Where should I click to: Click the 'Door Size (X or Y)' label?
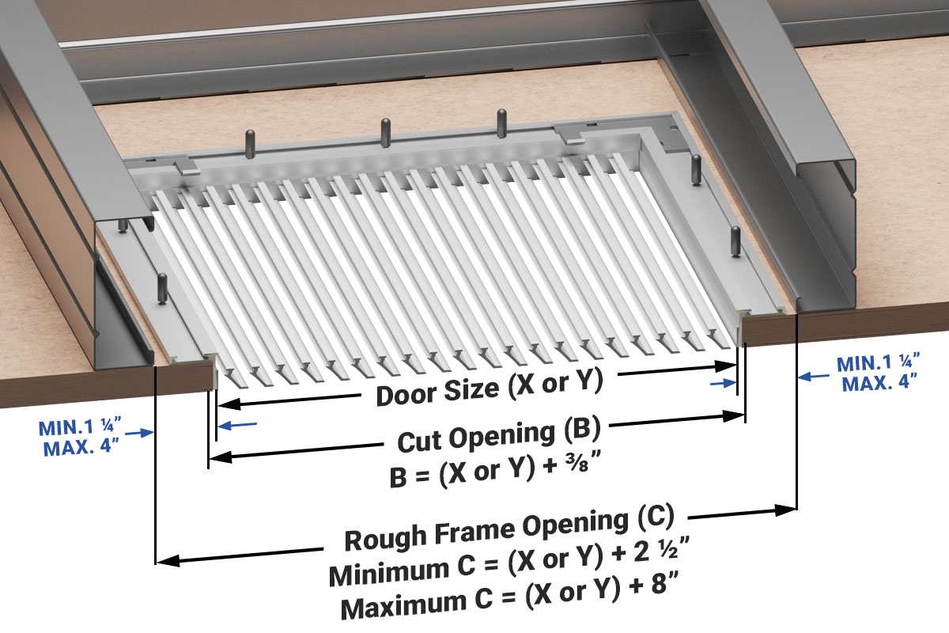tap(490, 389)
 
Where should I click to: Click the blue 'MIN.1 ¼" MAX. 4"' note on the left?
tap(78, 437)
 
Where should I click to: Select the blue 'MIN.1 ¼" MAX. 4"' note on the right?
tap(878, 373)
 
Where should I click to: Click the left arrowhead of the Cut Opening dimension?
tap(216, 457)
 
